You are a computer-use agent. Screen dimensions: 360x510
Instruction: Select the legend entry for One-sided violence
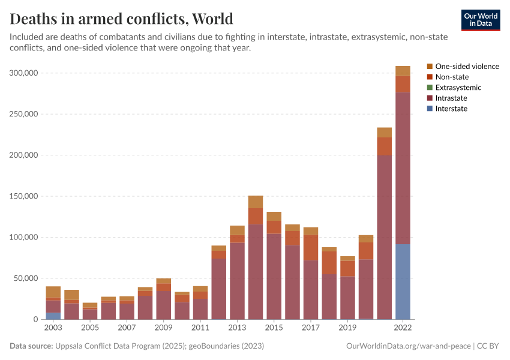tap(467, 67)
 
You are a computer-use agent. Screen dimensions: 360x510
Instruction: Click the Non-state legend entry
tap(452, 77)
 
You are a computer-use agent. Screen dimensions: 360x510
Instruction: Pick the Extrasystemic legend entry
tap(458, 88)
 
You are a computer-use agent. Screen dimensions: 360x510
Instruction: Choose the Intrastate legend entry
tap(451, 98)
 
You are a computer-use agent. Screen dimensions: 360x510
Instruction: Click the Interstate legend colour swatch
tap(430, 109)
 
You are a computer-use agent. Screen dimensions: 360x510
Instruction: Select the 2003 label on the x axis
tap(53, 328)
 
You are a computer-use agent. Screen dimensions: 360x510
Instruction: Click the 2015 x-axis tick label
tap(274, 328)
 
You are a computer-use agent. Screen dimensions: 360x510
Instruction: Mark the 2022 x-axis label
tap(403, 328)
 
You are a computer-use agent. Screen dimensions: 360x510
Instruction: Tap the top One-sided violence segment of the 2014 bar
tap(256, 202)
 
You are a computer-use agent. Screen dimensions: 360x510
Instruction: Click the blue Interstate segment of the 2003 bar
tap(53, 316)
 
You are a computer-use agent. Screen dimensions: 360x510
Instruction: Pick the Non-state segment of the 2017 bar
tap(311, 247)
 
